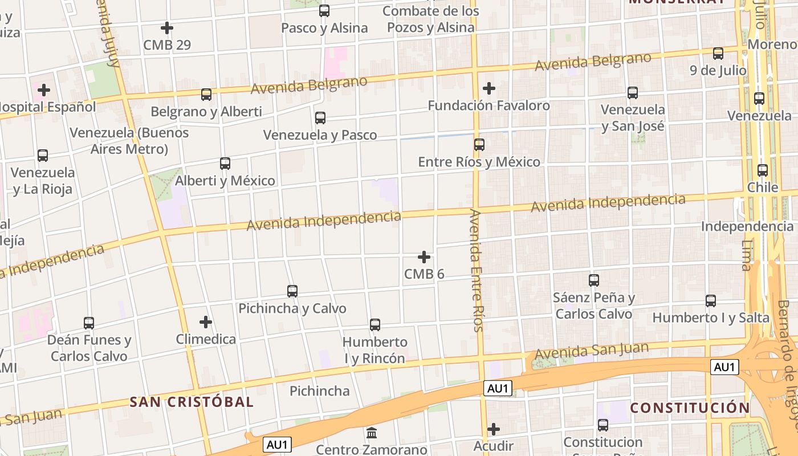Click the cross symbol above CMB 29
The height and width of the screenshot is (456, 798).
167,27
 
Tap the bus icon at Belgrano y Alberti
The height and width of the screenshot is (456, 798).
206,95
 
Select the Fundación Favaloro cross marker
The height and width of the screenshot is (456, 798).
488,88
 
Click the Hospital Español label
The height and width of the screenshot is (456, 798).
48,107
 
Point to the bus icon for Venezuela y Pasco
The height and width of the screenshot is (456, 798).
320,118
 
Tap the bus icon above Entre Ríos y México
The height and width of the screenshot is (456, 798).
479,145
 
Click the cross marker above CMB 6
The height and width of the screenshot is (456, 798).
424,257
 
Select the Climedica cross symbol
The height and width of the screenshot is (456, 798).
206,322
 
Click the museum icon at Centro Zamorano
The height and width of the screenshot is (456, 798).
372,433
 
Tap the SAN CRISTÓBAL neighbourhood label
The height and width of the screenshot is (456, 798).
192,401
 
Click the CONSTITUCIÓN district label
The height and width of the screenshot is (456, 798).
690,408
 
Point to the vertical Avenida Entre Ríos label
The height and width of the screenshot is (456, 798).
477,271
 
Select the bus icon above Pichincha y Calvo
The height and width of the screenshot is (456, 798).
292,291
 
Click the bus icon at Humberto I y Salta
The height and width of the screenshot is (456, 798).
711,301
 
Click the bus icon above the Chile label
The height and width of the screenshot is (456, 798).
763,170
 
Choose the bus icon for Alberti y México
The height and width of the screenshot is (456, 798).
225,164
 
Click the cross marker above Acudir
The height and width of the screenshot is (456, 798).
494,429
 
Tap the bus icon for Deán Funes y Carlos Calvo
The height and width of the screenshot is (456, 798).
89,323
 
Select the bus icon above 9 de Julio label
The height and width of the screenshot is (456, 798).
718,54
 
